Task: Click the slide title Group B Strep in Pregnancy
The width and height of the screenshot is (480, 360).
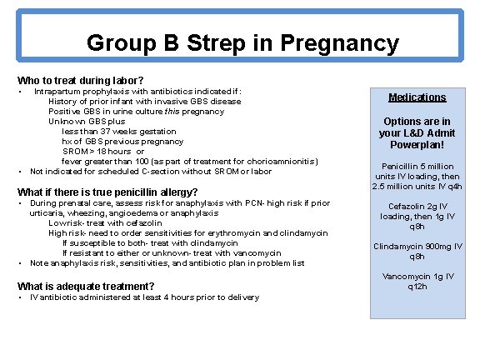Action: click(x=242, y=42)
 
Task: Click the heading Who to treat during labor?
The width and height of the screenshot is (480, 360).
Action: click(x=74, y=80)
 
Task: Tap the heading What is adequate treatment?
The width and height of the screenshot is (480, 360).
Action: click(x=86, y=286)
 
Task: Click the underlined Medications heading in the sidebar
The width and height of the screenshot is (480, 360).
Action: click(x=417, y=97)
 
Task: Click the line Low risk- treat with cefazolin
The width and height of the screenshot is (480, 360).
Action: click(x=116, y=222)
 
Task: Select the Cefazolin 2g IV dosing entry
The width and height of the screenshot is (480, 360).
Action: click(x=417, y=216)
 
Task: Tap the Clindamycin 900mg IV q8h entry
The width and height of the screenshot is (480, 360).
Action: click(x=417, y=251)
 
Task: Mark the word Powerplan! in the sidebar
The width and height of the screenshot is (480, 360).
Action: click(x=417, y=144)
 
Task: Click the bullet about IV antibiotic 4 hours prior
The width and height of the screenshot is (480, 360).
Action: click(x=144, y=297)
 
